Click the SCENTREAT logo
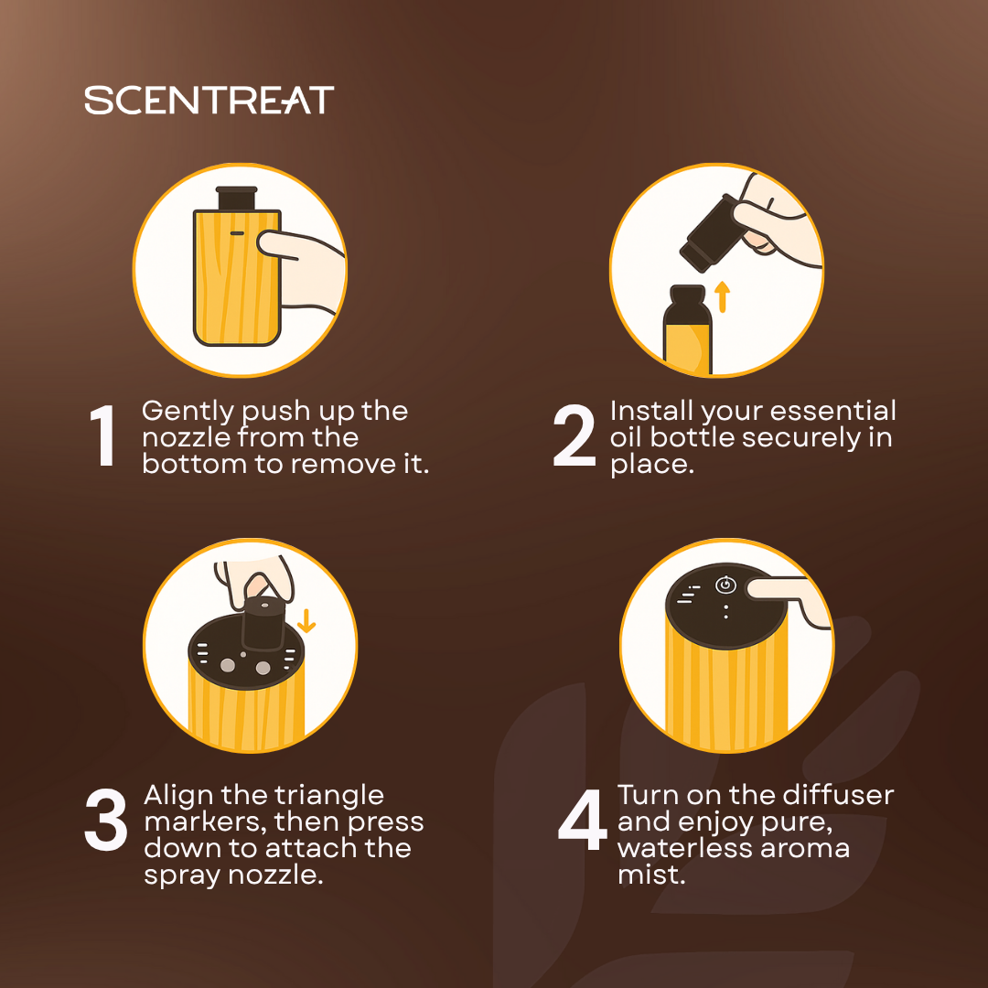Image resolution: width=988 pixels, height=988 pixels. pyautogui.click(x=209, y=101)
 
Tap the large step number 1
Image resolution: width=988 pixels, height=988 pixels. pyautogui.click(x=102, y=436)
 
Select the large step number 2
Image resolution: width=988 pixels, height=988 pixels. pyautogui.click(x=574, y=436)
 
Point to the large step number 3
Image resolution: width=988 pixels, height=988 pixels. pyautogui.click(x=106, y=820)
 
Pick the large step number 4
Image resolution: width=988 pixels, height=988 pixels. pyautogui.click(x=582, y=820)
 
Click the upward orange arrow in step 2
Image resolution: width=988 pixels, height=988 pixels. pyautogui.click(x=722, y=296)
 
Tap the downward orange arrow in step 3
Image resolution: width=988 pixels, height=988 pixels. pyautogui.click(x=306, y=620)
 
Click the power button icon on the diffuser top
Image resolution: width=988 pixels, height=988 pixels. pyautogui.click(x=725, y=585)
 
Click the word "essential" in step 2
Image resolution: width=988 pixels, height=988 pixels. pyautogui.click(x=833, y=411)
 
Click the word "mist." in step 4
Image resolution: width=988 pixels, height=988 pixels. pyautogui.click(x=651, y=875)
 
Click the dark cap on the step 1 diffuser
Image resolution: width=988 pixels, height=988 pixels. pyautogui.click(x=236, y=198)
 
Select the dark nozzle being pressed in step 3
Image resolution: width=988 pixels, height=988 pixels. pyautogui.click(x=264, y=623)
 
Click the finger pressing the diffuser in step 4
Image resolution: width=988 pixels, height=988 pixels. pyautogui.click(x=788, y=599)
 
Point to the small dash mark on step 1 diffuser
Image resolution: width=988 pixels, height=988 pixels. pyautogui.click(x=237, y=234)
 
